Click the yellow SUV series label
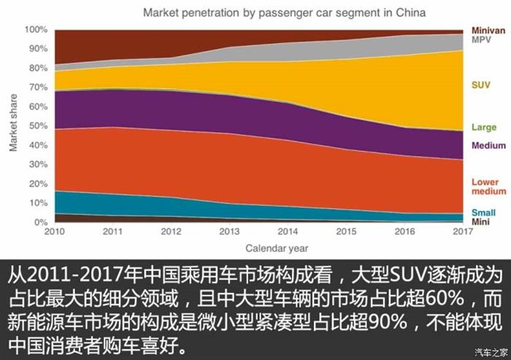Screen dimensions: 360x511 pyautogui.click(x=481, y=85)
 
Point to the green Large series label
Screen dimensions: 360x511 pyautogui.click(x=483, y=128)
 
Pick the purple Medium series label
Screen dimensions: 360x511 pyautogui.click(x=488, y=145)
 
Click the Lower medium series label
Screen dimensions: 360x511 pyautogui.click(x=485, y=187)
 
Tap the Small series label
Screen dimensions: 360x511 pyautogui.click(x=483, y=212)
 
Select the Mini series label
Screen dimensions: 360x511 pyautogui.click(x=480, y=221)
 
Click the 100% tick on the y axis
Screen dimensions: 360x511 pyautogui.click(x=36, y=30)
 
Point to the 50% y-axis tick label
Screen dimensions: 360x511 pyautogui.click(x=38, y=126)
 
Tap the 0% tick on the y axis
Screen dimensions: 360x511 pyautogui.click(x=41, y=222)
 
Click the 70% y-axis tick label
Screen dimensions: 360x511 pyautogui.click(x=38, y=88)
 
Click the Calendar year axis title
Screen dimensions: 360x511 pyautogui.click(x=276, y=247)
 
